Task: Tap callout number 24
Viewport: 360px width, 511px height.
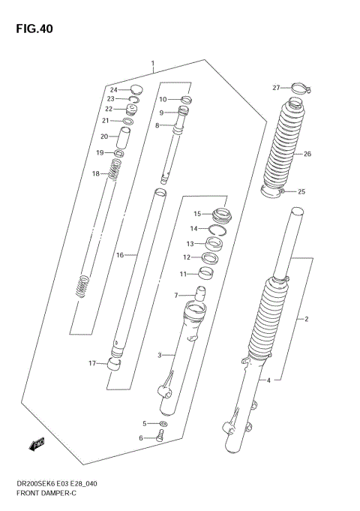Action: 115,89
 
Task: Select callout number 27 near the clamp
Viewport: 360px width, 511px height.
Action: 275,88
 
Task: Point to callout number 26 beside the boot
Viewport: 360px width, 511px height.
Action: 307,155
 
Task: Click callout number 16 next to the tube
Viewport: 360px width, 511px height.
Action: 119,255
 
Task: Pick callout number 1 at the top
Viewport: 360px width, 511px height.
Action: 152,64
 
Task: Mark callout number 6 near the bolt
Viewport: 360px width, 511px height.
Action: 139,438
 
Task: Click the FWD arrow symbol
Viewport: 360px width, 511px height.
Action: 36,446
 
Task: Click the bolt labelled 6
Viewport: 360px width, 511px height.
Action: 160,437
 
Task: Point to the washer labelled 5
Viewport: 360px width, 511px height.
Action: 163,425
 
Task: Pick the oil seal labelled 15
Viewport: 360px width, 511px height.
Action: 220,213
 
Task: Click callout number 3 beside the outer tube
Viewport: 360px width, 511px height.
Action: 160,355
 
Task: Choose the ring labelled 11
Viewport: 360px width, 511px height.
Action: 205,273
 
